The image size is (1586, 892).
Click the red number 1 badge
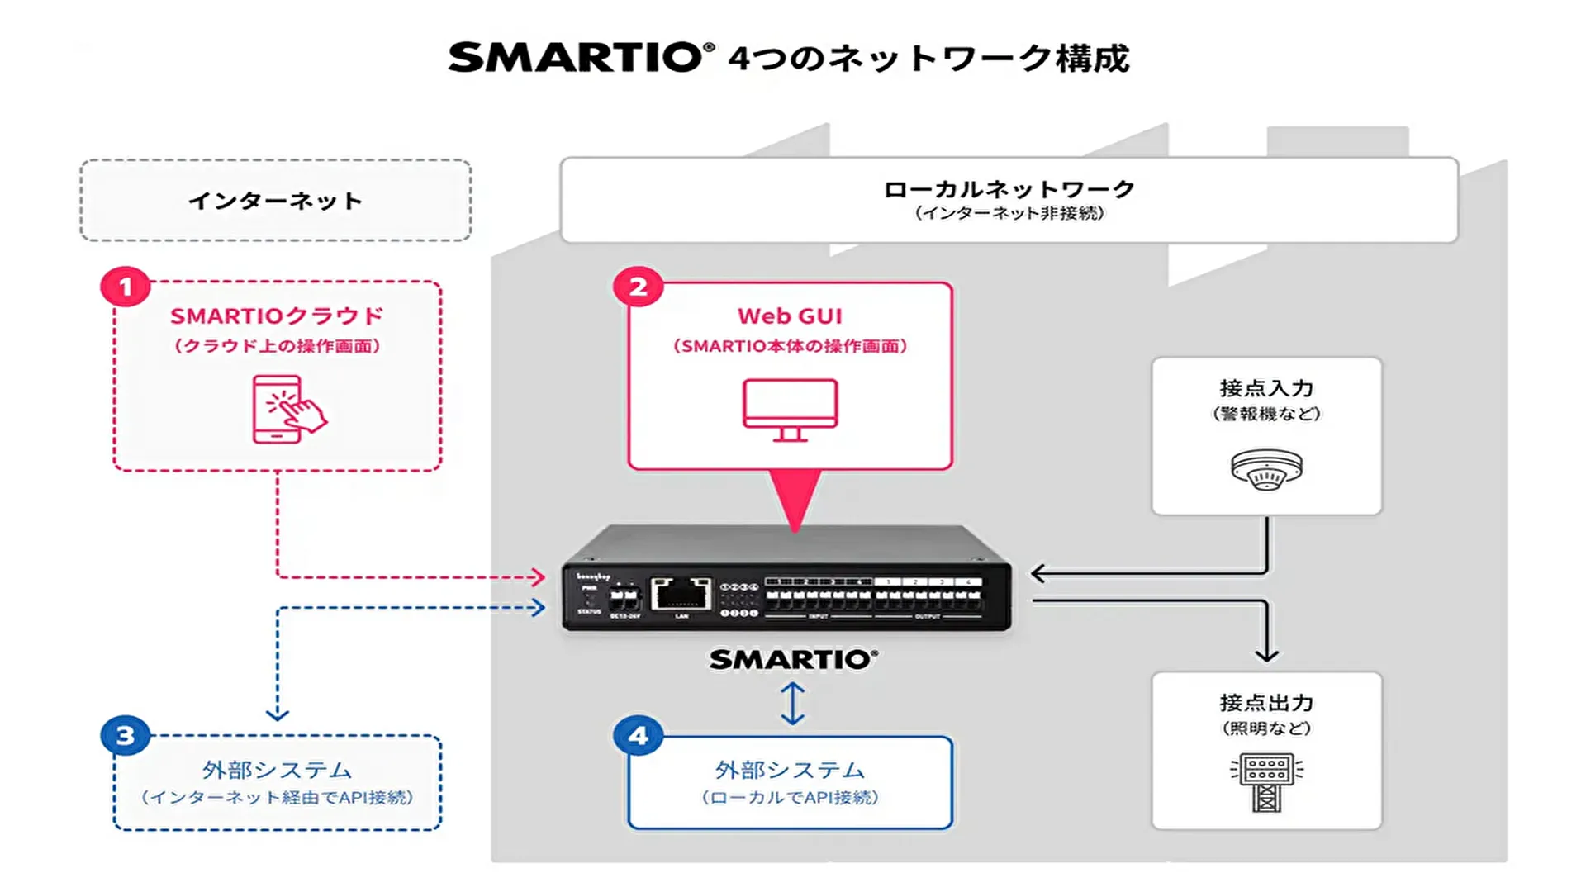pyautogui.click(x=126, y=287)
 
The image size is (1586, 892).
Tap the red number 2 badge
pyautogui.click(x=638, y=287)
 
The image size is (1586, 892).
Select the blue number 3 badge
pyautogui.click(x=126, y=735)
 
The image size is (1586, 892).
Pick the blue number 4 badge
pyautogui.click(x=638, y=735)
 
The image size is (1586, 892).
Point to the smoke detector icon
pyautogui.click(x=1266, y=469)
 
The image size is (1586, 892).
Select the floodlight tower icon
pyautogui.click(x=1266, y=781)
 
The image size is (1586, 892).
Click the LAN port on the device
pyautogui.click(x=681, y=593)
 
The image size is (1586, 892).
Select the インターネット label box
pyautogui.click(x=276, y=201)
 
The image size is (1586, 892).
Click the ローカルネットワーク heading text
pyautogui.click(x=1009, y=189)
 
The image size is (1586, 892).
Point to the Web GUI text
pyautogui.click(x=790, y=316)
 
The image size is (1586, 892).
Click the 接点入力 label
pyautogui.click(x=1266, y=388)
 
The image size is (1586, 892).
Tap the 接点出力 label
pyautogui.click(x=1266, y=703)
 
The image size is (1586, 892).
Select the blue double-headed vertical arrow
pyautogui.click(x=792, y=703)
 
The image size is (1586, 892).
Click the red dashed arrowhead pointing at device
pyautogui.click(x=538, y=576)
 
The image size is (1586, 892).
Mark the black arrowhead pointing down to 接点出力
pyautogui.click(x=1266, y=654)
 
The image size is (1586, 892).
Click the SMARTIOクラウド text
pyautogui.click(x=277, y=316)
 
